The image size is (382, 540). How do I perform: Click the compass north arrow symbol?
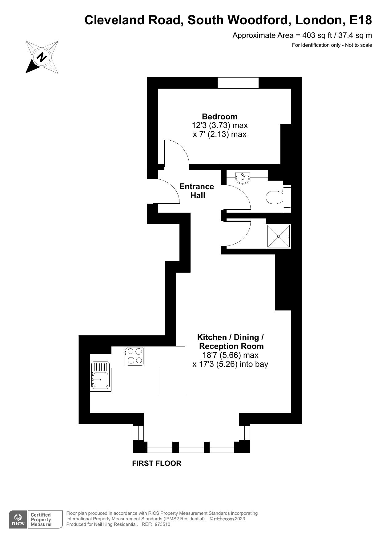[42, 57]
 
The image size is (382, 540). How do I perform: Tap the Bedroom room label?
[219, 117]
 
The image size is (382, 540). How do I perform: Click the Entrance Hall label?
[197, 191]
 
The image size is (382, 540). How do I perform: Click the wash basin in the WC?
[243, 178]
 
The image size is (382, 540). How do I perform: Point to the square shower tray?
[279, 236]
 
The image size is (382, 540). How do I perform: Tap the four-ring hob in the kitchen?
[134, 356]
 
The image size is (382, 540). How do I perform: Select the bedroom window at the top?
[238, 83]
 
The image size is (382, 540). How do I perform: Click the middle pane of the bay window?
[191, 447]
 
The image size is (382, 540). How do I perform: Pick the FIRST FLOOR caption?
[157, 463]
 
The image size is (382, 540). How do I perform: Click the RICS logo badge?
[18, 519]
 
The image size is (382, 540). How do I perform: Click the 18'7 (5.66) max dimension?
[230, 355]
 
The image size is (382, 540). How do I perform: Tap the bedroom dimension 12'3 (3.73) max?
[220, 126]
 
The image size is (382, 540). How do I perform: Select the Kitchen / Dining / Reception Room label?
[231, 342]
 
